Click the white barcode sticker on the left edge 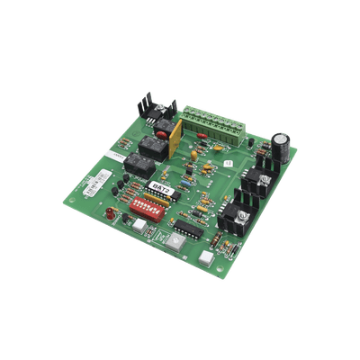click(90, 190)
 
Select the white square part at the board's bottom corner click(208, 257)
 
